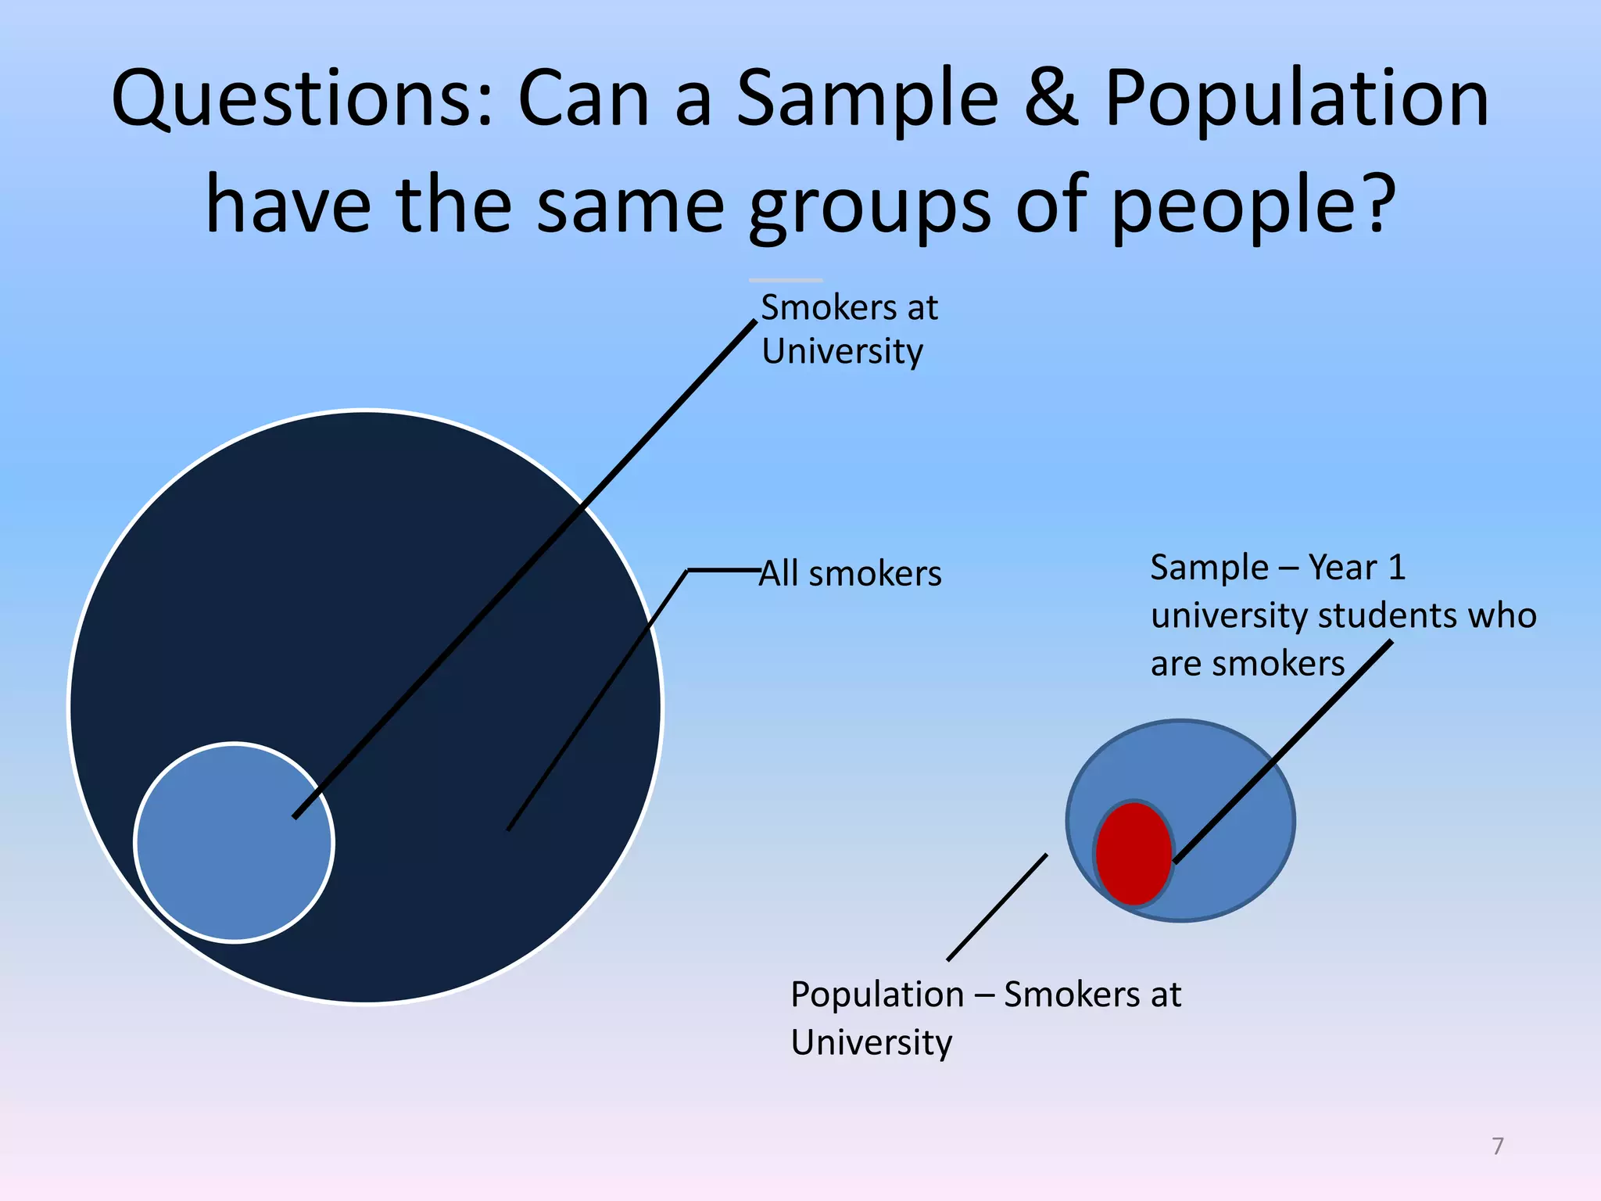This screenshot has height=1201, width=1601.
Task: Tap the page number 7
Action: click(x=1498, y=1146)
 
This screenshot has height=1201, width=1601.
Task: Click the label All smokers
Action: click(x=851, y=574)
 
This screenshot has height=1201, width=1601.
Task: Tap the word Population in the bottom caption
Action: click(x=877, y=995)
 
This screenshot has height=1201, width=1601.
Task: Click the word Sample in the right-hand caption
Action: click(x=1209, y=568)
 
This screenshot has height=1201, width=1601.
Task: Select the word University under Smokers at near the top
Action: click(x=842, y=352)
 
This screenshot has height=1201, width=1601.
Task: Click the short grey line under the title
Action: click(x=786, y=280)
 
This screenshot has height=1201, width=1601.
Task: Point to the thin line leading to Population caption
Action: click(x=997, y=907)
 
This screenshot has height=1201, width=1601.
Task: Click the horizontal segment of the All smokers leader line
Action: click(x=724, y=571)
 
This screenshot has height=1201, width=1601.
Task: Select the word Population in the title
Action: click(x=1296, y=100)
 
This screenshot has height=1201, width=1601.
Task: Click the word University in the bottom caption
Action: click(x=871, y=1043)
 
